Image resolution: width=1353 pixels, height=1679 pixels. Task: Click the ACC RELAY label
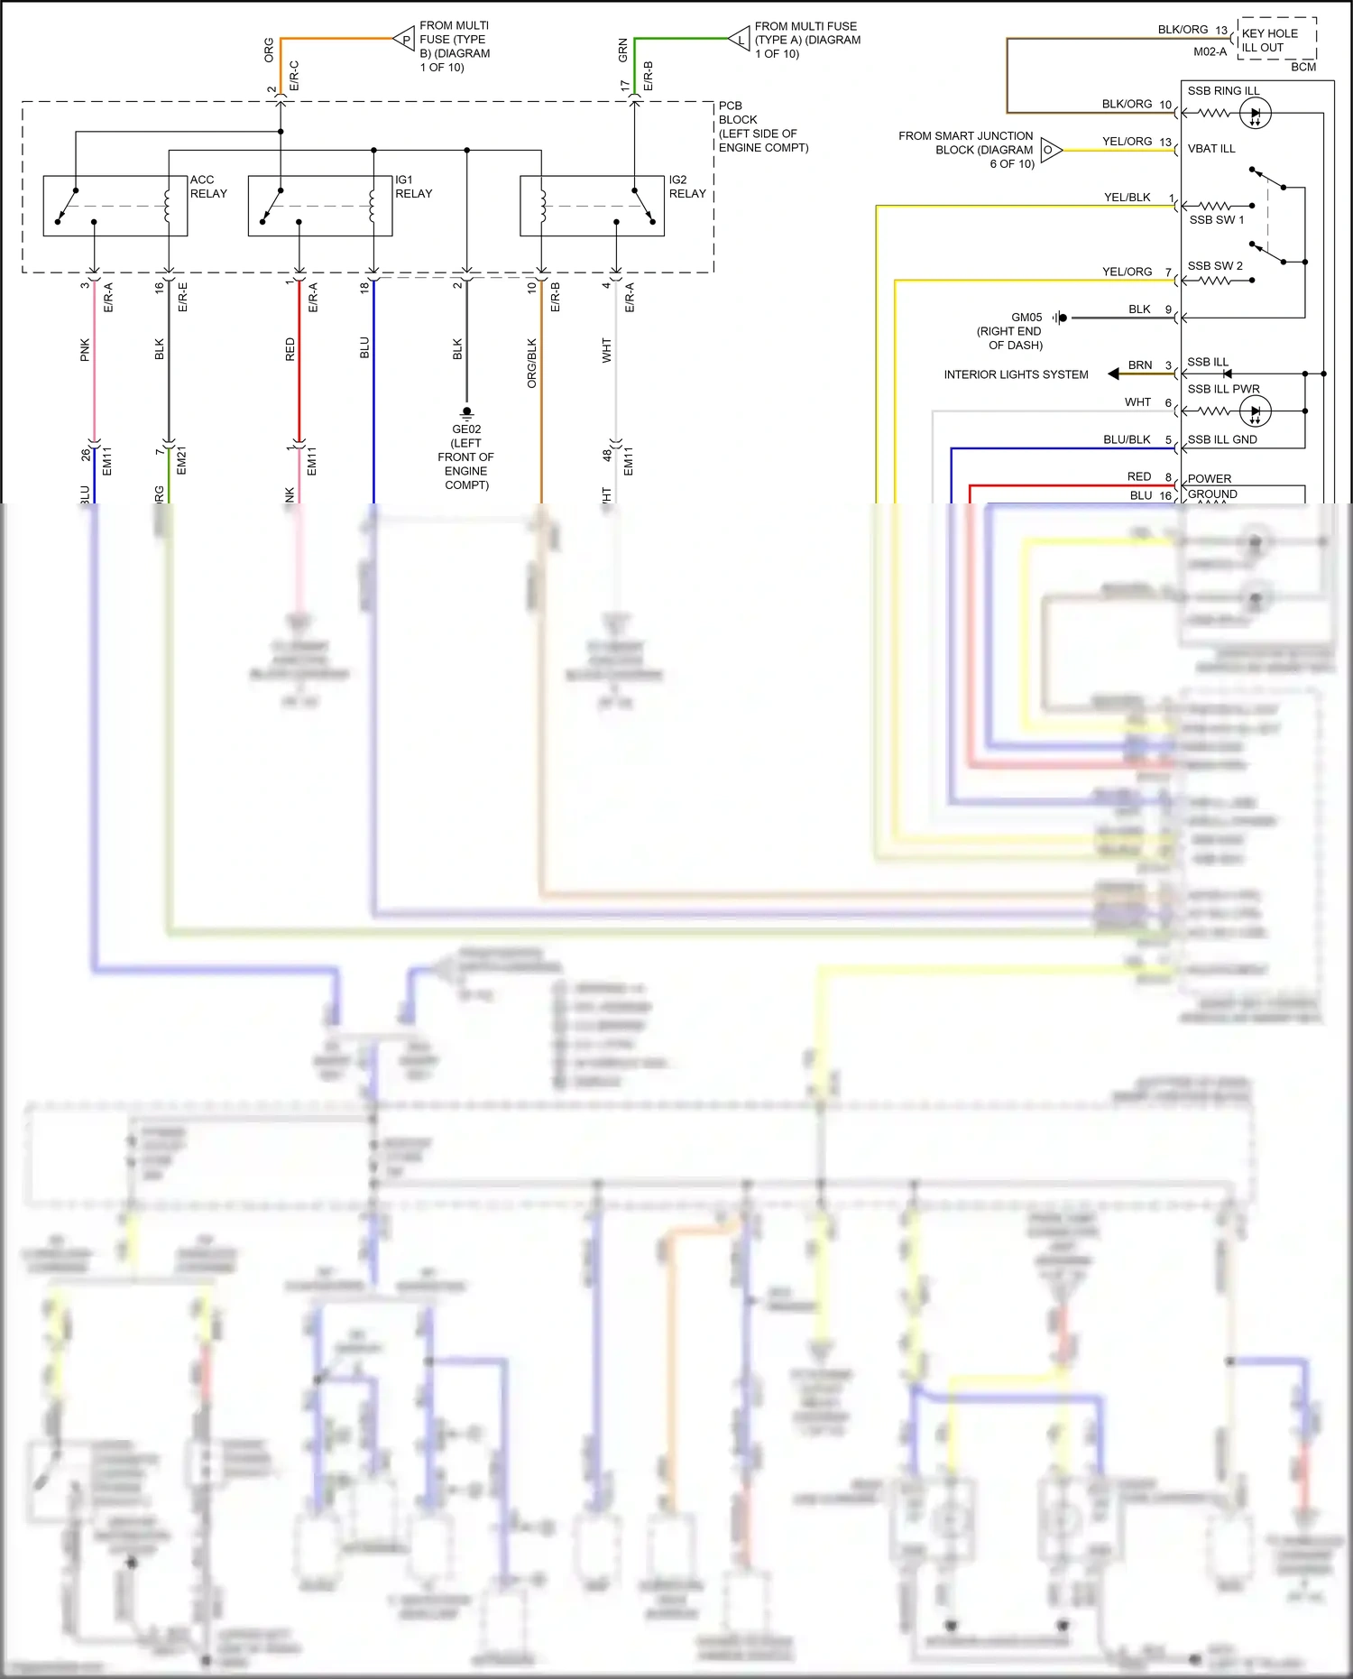click(208, 187)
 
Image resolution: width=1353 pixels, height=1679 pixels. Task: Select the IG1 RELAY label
click(413, 187)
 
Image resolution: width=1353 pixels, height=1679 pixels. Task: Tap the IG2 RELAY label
click(687, 187)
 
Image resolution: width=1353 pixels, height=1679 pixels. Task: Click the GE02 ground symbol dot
click(466, 411)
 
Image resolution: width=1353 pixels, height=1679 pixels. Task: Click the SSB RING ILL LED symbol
click(1255, 114)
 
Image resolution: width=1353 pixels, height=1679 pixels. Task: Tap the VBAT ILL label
click(1210, 149)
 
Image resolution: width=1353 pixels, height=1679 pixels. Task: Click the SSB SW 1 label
click(1216, 220)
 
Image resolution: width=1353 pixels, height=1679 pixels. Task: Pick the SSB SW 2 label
click(1214, 266)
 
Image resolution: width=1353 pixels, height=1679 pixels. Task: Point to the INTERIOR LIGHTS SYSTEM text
click(1016, 374)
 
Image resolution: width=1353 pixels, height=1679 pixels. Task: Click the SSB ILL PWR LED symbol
click(1255, 412)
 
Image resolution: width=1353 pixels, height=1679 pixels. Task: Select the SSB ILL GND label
click(1221, 440)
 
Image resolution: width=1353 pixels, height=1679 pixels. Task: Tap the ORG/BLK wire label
click(532, 363)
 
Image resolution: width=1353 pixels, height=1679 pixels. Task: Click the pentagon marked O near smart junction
click(1050, 150)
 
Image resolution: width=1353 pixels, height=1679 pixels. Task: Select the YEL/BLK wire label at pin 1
click(1127, 198)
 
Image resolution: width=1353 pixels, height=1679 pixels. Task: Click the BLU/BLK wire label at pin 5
click(1127, 440)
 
